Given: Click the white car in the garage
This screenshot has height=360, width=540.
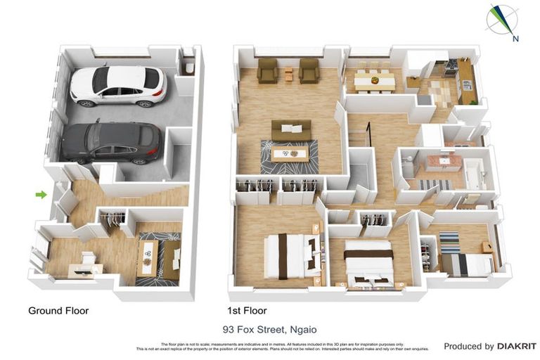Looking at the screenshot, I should click(117, 86).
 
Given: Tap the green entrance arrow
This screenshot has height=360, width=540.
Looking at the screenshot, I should click(41, 194).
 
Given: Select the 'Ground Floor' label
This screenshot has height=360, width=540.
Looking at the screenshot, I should click(58, 310).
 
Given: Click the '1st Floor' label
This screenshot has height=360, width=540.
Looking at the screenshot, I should click(247, 310).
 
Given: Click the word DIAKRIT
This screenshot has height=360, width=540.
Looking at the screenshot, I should click(516, 346).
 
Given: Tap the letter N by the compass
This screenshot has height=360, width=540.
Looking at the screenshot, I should click(515, 39).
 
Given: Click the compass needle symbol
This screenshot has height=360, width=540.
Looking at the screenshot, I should click(502, 19).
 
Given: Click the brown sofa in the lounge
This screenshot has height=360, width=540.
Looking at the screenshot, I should click(291, 129).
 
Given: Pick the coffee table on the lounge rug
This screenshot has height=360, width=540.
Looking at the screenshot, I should click(289, 154).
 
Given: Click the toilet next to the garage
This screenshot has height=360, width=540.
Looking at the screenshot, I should click(188, 68).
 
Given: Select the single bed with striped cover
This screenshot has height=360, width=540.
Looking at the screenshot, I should click(468, 263).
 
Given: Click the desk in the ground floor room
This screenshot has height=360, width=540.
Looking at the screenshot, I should click(85, 267).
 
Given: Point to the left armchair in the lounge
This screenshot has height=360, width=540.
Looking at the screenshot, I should click(267, 70).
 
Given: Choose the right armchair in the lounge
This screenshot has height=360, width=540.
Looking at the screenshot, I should click(309, 70).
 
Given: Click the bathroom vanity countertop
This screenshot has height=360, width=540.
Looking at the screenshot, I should click(443, 162).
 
